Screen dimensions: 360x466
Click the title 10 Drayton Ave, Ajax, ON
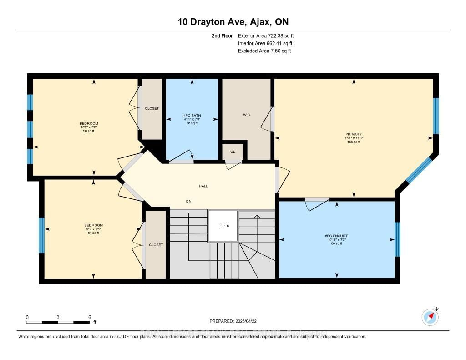point(233,21)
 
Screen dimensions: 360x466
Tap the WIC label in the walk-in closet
point(246,115)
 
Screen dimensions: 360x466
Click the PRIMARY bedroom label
point(353,134)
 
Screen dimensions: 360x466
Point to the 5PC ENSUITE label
point(336,236)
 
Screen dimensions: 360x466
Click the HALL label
point(203,186)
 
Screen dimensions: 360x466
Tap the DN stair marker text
point(187,201)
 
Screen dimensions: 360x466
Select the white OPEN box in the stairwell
point(223,226)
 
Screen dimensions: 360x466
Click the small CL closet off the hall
point(233,152)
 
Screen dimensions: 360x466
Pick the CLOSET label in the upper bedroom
point(152,108)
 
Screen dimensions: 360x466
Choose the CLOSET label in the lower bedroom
point(156,245)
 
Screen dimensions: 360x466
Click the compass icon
point(430,316)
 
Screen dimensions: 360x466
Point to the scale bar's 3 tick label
point(58,317)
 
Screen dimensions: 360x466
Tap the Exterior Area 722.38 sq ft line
point(269,35)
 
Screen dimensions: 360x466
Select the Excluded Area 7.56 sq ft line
point(264,51)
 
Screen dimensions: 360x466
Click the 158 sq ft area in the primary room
point(353,142)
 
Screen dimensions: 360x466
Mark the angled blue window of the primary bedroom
point(419,170)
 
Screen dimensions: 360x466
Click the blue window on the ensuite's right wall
point(397,239)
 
